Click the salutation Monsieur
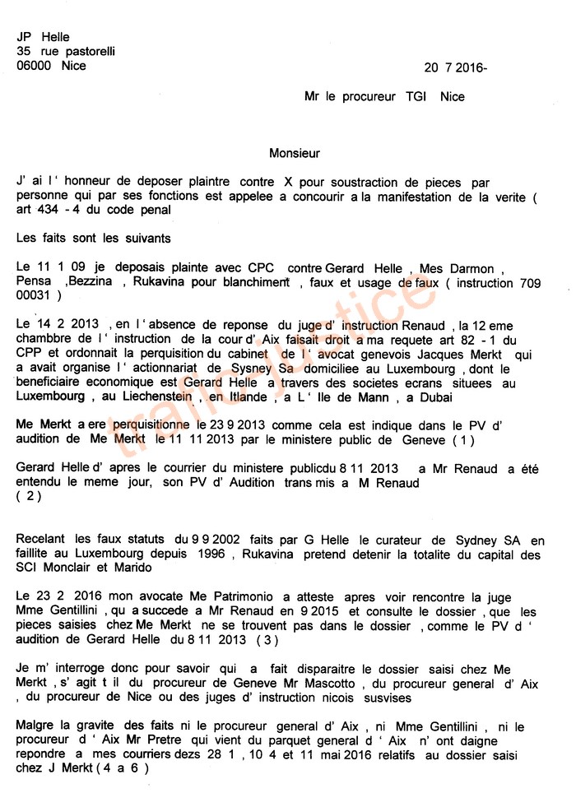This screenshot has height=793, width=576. click(295, 153)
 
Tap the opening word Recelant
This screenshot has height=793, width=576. click(40, 540)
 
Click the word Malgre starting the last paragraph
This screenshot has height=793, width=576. click(35, 728)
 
